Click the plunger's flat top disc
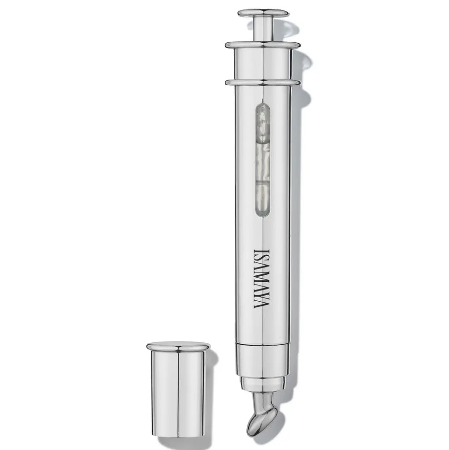click(x=263, y=13)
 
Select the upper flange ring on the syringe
click(x=262, y=45)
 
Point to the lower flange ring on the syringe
click(x=263, y=82)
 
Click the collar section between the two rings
click(x=263, y=64)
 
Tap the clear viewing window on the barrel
click(x=263, y=158)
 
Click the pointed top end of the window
click(x=262, y=100)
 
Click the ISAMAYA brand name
click(x=262, y=279)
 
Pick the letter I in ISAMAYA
click(x=262, y=251)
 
